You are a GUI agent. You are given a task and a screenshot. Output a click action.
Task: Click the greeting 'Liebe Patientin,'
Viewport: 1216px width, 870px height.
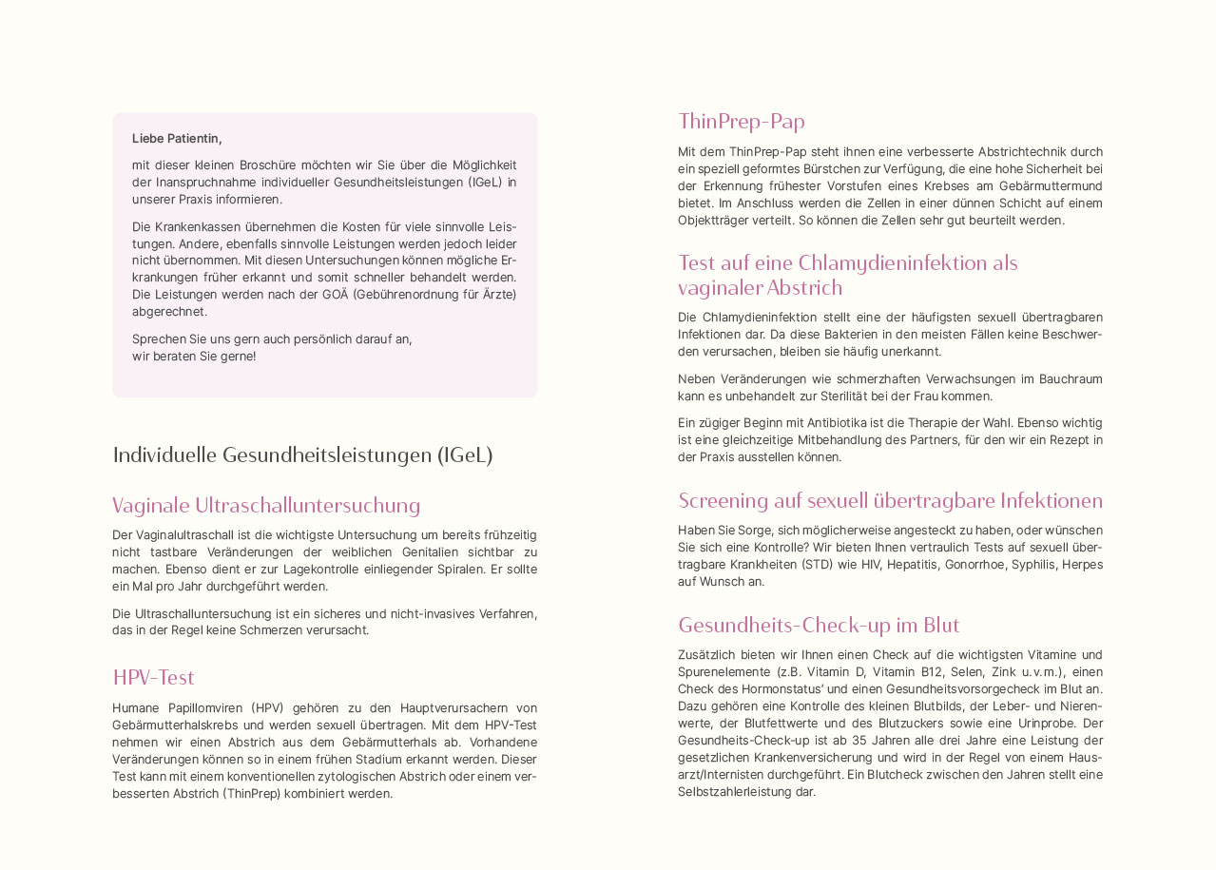click(177, 139)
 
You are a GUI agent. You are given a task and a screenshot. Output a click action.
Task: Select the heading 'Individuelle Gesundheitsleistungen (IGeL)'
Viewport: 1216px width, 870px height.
click(302, 455)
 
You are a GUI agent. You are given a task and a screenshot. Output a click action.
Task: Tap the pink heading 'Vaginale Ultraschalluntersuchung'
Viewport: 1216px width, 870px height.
click(266, 506)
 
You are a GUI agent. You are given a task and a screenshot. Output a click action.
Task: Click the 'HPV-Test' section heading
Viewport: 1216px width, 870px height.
click(153, 678)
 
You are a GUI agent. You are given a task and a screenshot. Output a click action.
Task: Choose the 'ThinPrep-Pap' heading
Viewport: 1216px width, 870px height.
click(742, 122)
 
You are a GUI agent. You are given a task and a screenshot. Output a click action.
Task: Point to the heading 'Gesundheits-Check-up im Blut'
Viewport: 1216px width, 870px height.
click(819, 626)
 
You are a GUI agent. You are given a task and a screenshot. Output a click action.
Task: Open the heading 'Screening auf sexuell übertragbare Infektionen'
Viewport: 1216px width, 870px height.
click(890, 501)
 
